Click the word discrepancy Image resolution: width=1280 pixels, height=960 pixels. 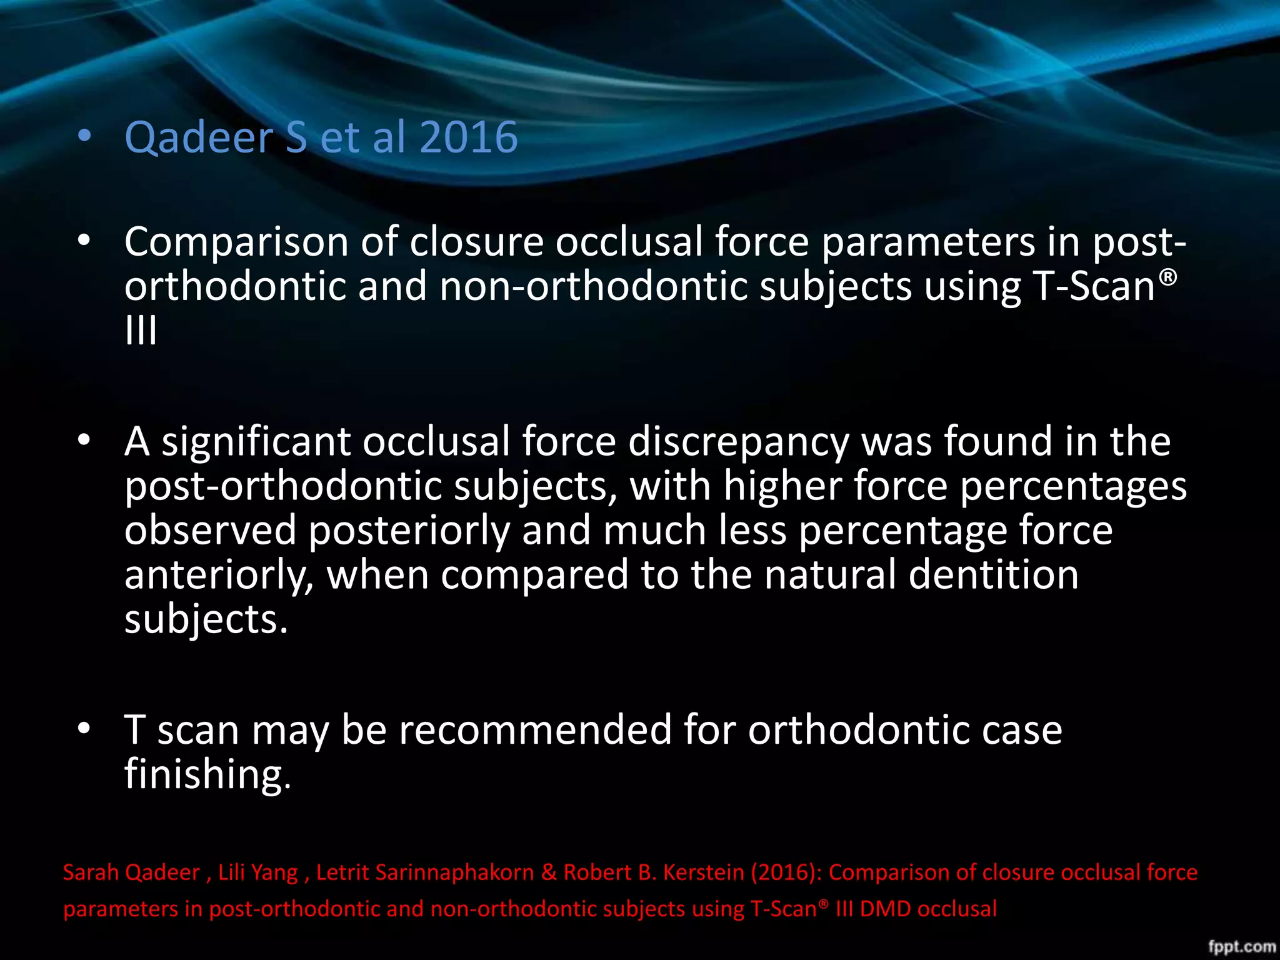pyautogui.click(x=739, y=442)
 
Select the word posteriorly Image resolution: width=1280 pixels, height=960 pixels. pyautogui.click(x=409, y=531)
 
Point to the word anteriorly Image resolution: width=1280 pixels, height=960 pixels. pyautogui.click(x=219, y=575)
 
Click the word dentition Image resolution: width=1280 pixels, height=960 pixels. pyautogui.click(x=993, y=575)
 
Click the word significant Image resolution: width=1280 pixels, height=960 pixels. pyautogui.click(x=256, y=442)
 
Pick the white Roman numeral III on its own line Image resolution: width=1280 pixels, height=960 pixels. pyautogui.click(x=141, y=331)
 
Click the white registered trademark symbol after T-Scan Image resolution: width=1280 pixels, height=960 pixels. pyautogui.click(x=1167, y=276)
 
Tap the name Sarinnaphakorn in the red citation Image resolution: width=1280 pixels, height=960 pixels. pyautogui.click(x=425, y=872)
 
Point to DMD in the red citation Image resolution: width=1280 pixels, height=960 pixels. pyautogui.click(x=886, y=909)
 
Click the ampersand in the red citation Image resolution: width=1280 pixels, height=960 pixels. pyautogui.click(x=549, y=872)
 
